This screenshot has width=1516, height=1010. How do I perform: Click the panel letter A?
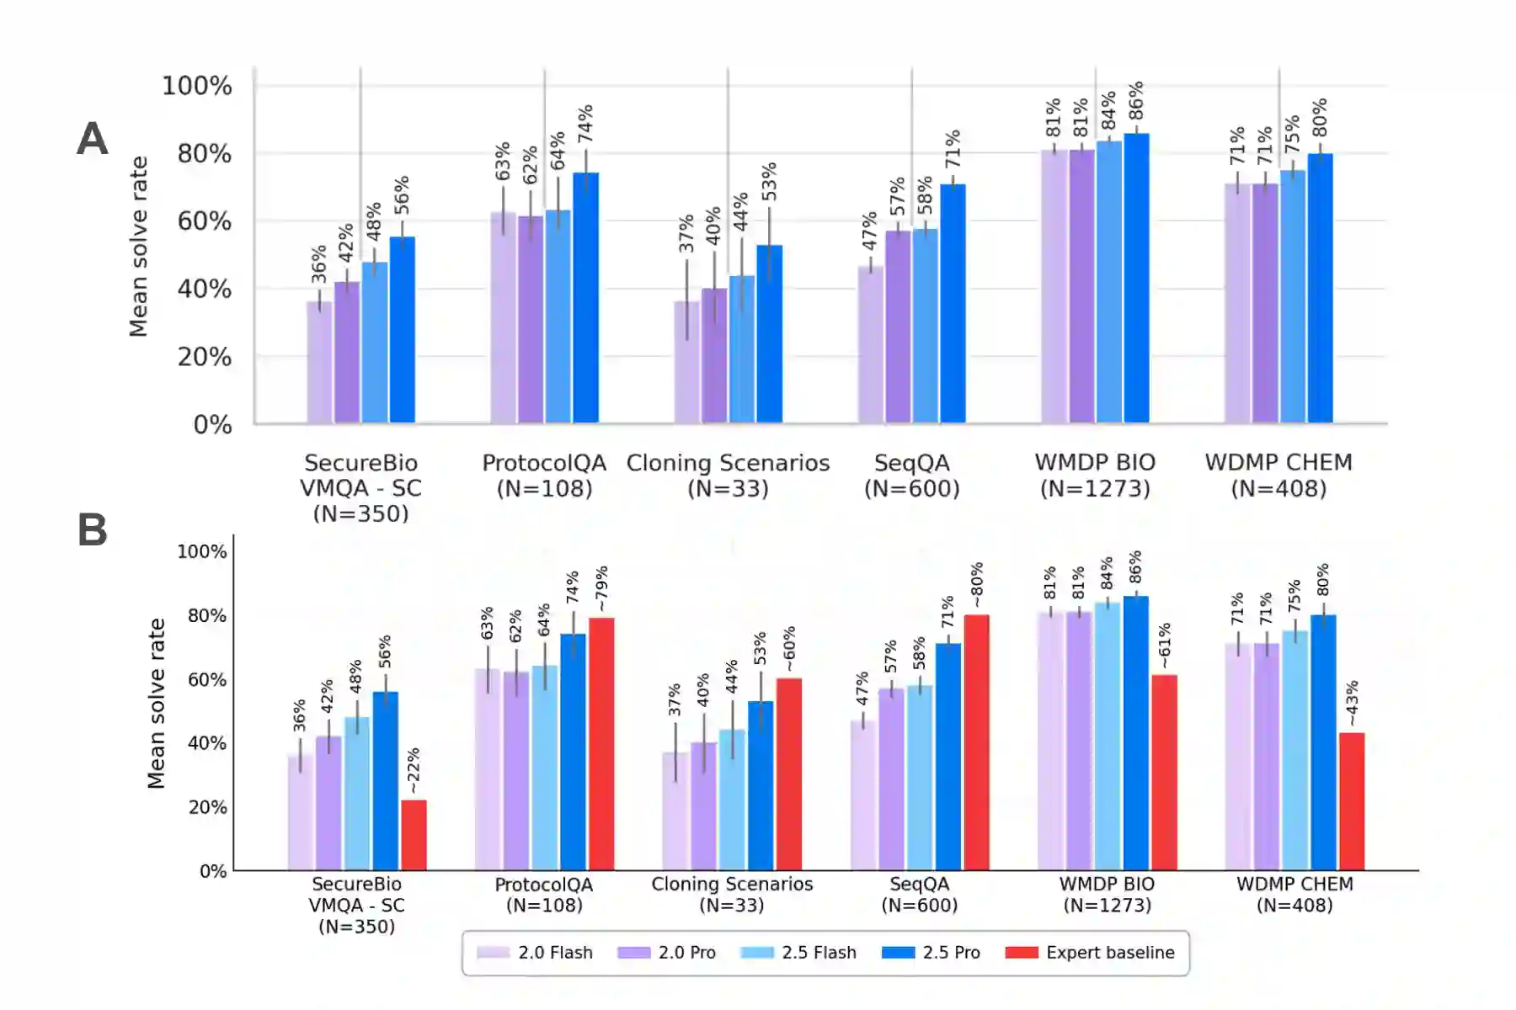[x=93, y=139]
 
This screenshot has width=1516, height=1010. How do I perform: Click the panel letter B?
[x=93, y=530]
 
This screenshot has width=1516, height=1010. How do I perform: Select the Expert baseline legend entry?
[x=1090, y=953]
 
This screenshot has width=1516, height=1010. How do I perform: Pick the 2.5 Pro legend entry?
[x=931, y=953]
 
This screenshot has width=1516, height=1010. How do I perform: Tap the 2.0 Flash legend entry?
[x=535, y=953]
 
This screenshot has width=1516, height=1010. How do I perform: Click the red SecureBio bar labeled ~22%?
[x=414, y=835]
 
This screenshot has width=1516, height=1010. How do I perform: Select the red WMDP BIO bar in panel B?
[x=1164, y=772]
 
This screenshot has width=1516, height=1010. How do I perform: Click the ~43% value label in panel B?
[x=1351, y=704]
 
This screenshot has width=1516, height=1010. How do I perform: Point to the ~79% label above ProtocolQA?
[x=601, y=588]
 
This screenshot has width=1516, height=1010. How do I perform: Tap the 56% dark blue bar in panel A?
[x=403, y=330]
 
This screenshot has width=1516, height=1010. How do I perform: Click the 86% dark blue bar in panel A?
[x=1136, y=278]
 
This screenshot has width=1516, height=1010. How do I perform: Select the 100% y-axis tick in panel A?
[x=197, y=86]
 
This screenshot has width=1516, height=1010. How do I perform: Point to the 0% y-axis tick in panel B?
[x=213, y=871]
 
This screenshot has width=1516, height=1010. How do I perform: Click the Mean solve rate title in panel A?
[x=139, y=247]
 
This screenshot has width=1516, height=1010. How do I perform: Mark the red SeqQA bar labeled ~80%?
[x=976, y=742]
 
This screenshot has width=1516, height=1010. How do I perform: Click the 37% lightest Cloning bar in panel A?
[x=686, y=362]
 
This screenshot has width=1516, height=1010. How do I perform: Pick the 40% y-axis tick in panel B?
[x=206, y=743]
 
